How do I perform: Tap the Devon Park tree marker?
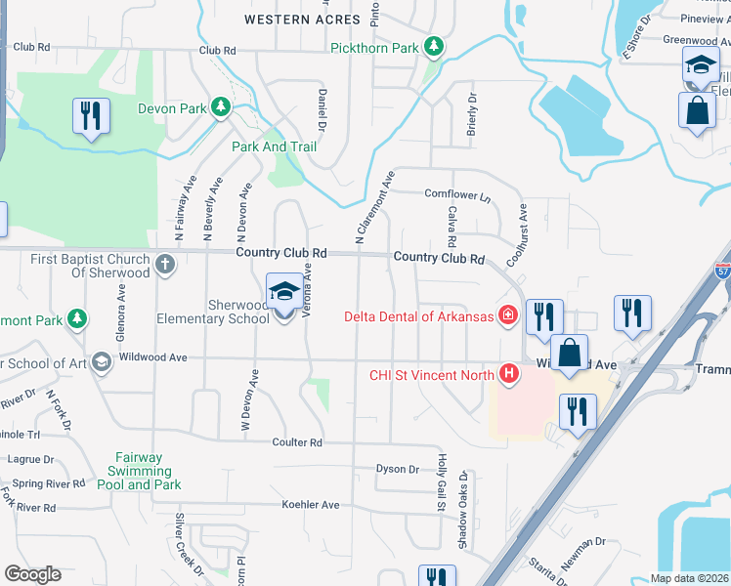[221, 107]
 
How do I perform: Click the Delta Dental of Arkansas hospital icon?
[507, 314]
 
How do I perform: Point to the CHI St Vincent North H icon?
[507, 373]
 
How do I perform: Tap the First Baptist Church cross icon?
[165, 263]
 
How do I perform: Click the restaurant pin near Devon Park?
[92, 117]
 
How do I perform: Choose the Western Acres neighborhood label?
[290, 19]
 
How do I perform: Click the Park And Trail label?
[275, 146]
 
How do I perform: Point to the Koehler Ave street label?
[310, 504]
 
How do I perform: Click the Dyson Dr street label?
[397, 469]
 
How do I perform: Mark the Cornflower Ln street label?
[457, 194]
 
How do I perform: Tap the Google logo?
[32, 574]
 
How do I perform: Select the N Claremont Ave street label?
[374, 207]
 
